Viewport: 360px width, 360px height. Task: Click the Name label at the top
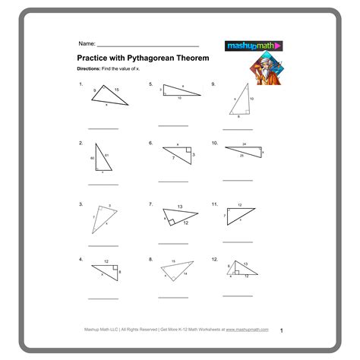[x=86, y=44]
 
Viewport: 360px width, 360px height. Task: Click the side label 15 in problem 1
[x=116, y=90]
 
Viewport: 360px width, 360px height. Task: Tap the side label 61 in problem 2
[x=107, y=156]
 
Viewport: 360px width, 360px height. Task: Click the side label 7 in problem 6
[x=173, y=157]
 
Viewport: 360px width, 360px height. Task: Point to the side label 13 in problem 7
[x=179, y=207]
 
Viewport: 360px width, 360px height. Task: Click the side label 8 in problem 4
[x=119, y=271]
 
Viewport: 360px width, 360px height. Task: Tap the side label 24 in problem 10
[x=245, y=144]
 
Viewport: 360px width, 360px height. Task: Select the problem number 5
[x=150, y=84]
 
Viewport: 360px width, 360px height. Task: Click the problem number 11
[x=216, y=204]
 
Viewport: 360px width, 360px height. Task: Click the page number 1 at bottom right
[x=281, y=331]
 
